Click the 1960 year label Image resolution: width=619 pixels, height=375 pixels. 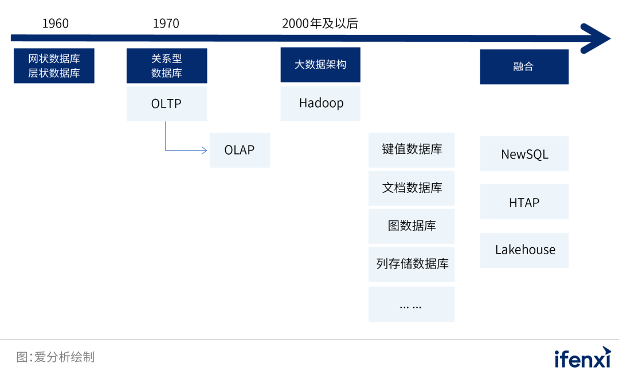pyautogui.click(x=55, y=23)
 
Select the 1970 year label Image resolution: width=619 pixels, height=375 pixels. pyautogui.click(x=166, y=23)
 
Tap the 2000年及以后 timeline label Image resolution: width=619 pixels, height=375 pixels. pyautogui.click(x=320, y=23)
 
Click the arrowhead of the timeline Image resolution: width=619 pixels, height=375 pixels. pyautogui.click(x=596, y=38)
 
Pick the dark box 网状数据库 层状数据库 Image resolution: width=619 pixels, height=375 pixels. pyautogui.click(x=54, y=66)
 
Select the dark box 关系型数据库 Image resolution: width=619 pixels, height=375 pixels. pyautogui.click(x=167, y=66)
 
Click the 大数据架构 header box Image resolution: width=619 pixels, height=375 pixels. pyautogui.click(x=320, y=65)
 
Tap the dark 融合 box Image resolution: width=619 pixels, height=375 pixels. pyautogui.click(x=524, y=66)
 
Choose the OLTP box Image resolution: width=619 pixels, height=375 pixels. pyautogui.click(x=167, y=104)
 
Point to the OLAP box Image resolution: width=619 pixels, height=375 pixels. pyautogui.click(x=240, y=151)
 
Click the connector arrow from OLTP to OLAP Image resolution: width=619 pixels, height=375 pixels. pyautogui.click(x=183, y=150)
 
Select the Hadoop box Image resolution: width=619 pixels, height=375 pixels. pyautogui.click(x=320, y=104)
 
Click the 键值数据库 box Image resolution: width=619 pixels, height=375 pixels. pyautogui.click(x=412, y=150)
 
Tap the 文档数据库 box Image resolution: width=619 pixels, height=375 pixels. pyautogui.click(x=412, y=188)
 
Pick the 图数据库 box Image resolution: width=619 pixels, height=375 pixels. pyautogui.click(x=412, y=226)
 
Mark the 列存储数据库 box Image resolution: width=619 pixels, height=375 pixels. pyautogui.click(x=412, y=265)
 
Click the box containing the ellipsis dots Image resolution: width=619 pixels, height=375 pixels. pyautogui.click(x=412, y=304)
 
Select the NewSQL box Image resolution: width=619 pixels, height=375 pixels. pyautogui.click(x=524, y=154)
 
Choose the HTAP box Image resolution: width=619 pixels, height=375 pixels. pyautogui.click(x=524, y=202)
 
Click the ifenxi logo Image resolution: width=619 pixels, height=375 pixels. pyautogui.click(x=582, y=358)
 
